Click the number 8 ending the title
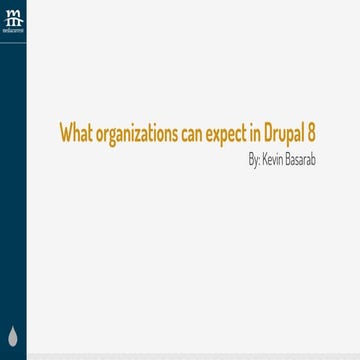coord(313,133)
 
